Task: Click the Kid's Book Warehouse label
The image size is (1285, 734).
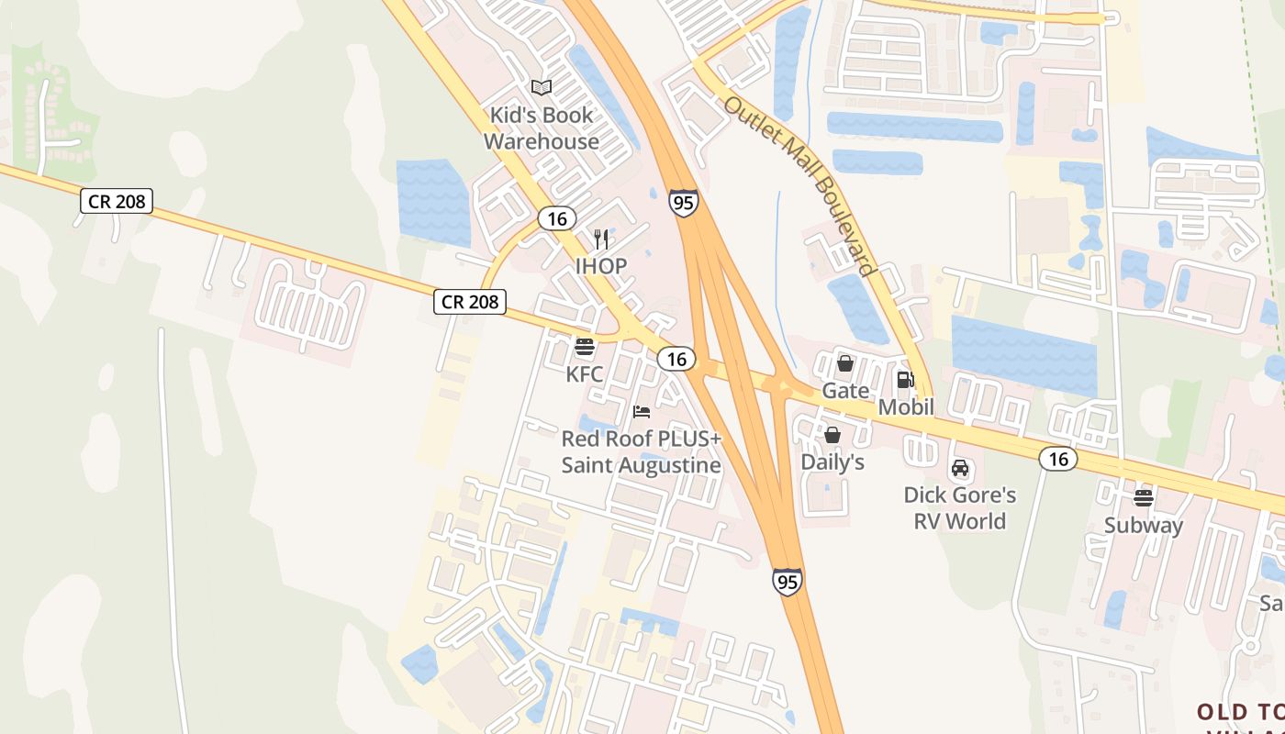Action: click(x=542, y=128)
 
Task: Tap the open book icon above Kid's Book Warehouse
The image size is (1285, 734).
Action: click(x=542, y=88)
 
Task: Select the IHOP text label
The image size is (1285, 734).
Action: click(x=601, y=266)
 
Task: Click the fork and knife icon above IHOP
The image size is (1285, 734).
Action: click(x=601, y=239)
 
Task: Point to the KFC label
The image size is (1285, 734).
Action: click(x=585, y=374)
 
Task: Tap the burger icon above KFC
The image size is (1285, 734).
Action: click(x=585, y=348)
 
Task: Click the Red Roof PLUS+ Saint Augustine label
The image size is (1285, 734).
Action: click(x=642, y=452)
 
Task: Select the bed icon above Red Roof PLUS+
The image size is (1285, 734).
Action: click(x=642, y=412)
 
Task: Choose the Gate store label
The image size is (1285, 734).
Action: click(x=845, y=391)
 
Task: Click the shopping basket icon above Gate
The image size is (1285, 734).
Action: click(x=845, y=363)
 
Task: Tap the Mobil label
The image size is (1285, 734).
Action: click(x=906, y=406)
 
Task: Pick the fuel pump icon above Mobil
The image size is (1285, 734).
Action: click(x=906, y=380)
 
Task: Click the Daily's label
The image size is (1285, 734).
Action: click(x=832, y=462)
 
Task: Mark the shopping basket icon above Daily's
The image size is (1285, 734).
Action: click(x=832, y=435)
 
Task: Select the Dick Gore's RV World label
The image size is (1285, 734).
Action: click(x=960, y=508)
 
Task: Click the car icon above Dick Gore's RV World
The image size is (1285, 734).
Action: click(x=960, y=468)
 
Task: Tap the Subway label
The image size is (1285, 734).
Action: click(x=1144, y=526)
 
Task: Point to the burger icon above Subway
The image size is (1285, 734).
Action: click(x=1144, y=498)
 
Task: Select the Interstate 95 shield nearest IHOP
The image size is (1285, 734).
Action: click(x=683, y=203)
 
